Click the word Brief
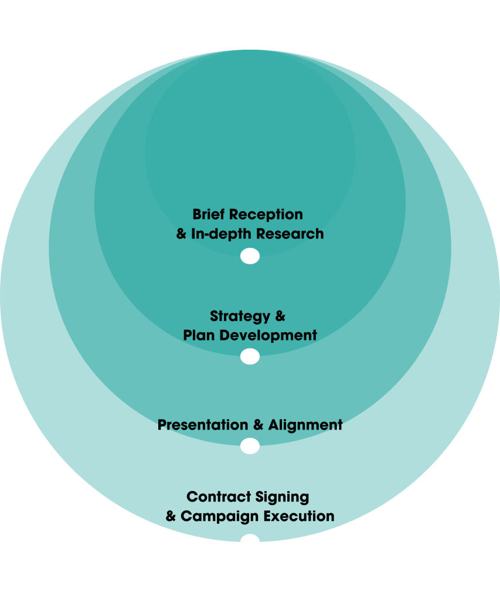click(209, 214)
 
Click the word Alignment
click(305, 425)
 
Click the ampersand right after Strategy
click(280, 316)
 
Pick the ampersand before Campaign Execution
click(171, 516)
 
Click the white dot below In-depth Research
click(250, 256)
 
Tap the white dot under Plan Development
click(250, 356)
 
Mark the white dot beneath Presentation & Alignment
click(250, 446)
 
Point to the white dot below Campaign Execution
click(250, 538)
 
